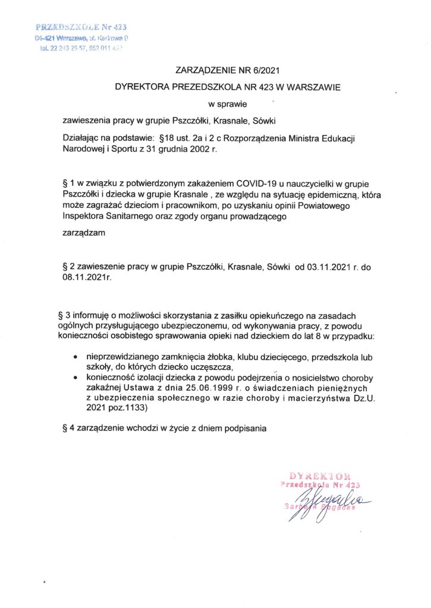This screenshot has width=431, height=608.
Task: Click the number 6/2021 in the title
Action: point(256,70)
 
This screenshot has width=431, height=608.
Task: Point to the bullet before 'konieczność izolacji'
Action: point(74,378)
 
